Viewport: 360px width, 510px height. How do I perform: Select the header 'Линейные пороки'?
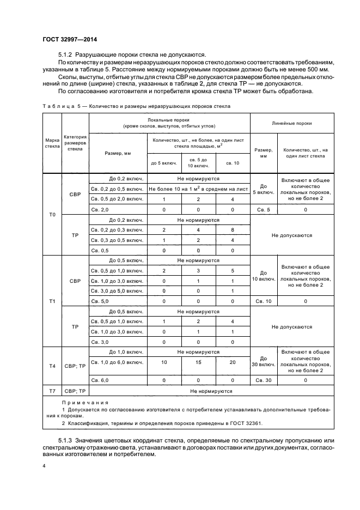291,123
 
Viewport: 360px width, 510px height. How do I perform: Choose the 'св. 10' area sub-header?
233,163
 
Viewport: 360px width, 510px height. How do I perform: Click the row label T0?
52,215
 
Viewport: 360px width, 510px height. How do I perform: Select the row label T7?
52,391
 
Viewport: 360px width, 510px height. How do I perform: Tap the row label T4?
52,366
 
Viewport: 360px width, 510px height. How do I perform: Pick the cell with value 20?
233,362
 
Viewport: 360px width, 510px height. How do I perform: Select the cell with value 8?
233,230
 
